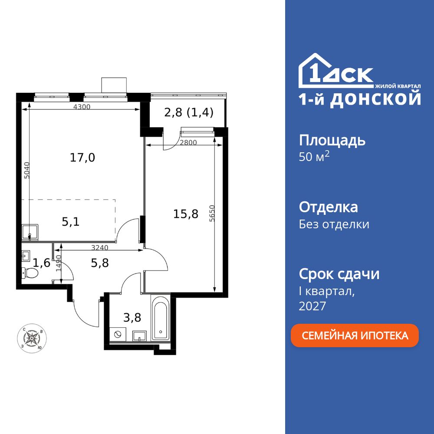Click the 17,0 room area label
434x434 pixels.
coord(82,158)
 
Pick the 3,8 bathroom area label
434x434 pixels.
coord(132,317)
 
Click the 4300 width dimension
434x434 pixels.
coord(82,107)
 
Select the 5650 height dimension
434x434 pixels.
coord(211,214)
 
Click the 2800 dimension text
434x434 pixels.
coord(189,142)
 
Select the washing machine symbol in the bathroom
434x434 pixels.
coord(117,334)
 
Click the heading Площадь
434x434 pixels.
coord(332,140)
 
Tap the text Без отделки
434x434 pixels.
coord(334,224)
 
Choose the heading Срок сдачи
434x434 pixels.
coord(339,274)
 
